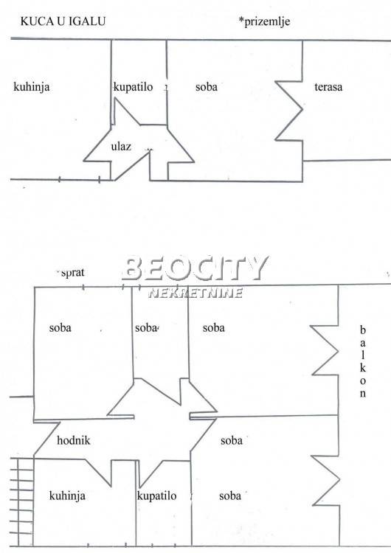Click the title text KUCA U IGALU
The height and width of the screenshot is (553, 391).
63,21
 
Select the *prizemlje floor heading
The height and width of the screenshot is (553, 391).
264,21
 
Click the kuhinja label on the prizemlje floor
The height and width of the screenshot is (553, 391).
32,87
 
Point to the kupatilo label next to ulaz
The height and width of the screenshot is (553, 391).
133,87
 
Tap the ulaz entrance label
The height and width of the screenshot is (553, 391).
121,146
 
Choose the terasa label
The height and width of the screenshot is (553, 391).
328,87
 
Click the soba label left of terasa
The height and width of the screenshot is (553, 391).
207,87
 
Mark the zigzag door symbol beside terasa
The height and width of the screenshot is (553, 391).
289,111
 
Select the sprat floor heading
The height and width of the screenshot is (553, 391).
73,272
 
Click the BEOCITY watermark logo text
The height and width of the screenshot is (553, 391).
195,268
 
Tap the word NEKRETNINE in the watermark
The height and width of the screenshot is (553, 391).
195,293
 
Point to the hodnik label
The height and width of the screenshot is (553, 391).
73,440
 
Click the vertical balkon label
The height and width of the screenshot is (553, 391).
363,362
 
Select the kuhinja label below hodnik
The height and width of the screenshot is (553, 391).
67,496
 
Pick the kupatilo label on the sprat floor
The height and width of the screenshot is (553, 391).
156,496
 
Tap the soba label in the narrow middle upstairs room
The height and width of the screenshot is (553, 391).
146,328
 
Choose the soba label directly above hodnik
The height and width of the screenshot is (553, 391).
60,327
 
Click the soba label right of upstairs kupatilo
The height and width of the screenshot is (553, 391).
230,496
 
